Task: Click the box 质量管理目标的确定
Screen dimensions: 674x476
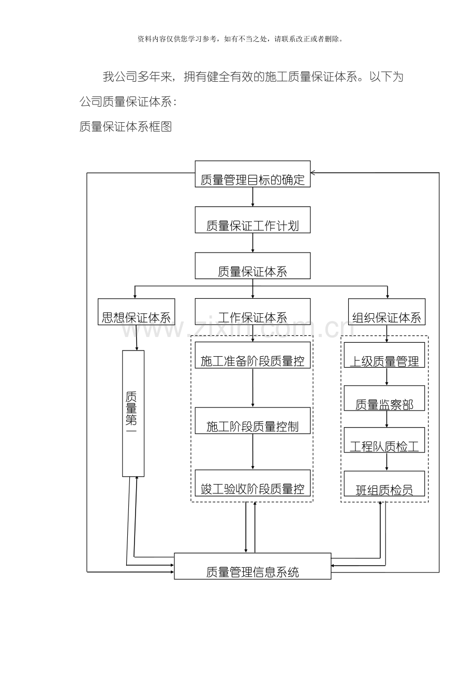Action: (252, 174)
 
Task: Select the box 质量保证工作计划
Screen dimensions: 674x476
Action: (252, 219)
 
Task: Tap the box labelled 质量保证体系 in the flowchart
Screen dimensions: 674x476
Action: (252, 266)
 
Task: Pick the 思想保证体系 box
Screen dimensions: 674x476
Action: (136, 312)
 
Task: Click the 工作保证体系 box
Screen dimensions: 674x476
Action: (252, 312)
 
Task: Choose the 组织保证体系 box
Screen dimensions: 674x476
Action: (386, 312)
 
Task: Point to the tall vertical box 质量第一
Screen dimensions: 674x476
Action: (133, 413)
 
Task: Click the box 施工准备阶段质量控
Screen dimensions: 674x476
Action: (252, 355)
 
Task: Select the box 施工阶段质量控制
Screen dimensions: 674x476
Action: (252, 420)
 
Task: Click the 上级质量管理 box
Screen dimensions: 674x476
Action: (384, 355)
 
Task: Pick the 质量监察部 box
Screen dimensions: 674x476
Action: (384, 398)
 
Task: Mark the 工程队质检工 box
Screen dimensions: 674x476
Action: (384, 440)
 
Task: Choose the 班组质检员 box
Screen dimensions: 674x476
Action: (384, 483)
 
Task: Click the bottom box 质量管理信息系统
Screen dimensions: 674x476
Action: (252, 566)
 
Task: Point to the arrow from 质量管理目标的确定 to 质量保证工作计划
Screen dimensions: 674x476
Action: (252, 197)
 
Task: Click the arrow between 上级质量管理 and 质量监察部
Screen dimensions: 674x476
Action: (386, 376)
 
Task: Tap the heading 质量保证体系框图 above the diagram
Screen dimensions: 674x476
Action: (126, 126)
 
